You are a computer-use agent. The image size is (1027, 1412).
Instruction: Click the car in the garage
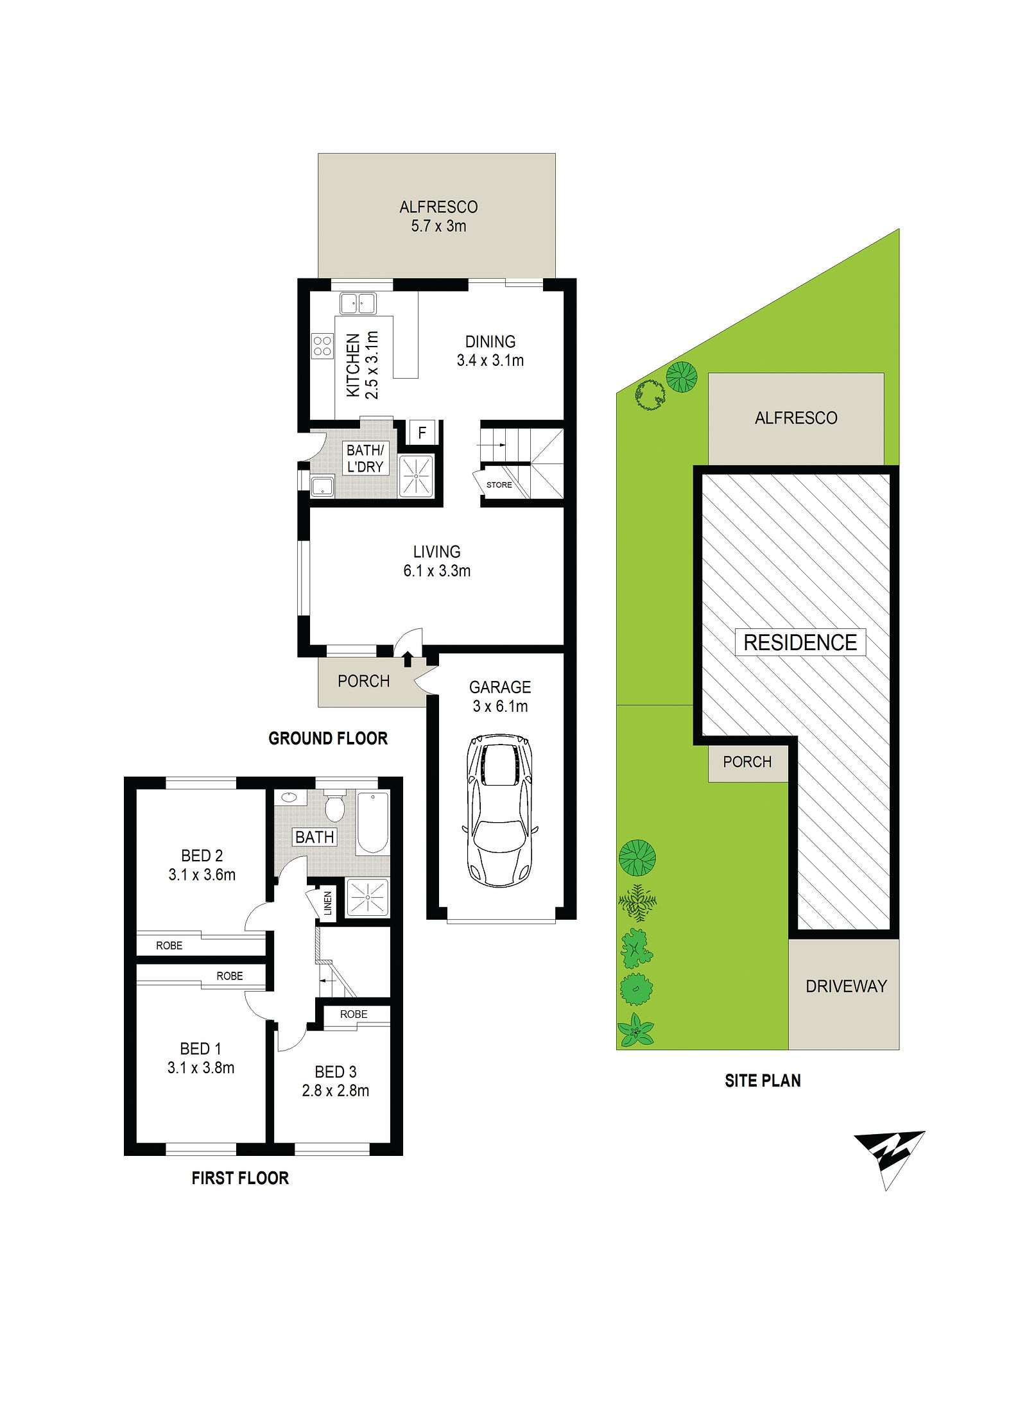click(x=500, y=811)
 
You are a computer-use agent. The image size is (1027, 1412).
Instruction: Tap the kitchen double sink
click(x=358, y=303)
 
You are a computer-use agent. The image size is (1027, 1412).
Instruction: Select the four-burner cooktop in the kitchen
click(x=322, y=347)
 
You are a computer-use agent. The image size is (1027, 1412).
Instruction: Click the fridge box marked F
click(x=422, y=433)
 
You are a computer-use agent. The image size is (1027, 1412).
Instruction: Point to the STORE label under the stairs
click(x=499, y=485)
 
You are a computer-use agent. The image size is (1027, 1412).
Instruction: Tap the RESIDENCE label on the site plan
click(x=800, y=642)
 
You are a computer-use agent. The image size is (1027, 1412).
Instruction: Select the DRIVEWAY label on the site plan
click(x=846, y=986)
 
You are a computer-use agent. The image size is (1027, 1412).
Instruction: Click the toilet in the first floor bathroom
click(x=334, y=807)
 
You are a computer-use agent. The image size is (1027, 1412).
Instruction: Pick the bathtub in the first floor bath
click(x=372, y=823)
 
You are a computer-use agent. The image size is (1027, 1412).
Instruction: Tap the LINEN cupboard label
click(x=328, y=903)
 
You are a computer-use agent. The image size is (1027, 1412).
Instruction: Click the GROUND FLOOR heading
click(x=328, y=739)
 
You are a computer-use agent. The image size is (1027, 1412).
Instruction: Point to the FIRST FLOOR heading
click(x=240, y=1178)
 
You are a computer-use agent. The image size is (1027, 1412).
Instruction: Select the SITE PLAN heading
click(x=763, y=1081)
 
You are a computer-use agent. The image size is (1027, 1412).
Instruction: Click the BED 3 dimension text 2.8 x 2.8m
click(x=336, y=1090)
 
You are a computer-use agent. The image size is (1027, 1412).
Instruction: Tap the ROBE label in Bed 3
click(x=354, y=1014)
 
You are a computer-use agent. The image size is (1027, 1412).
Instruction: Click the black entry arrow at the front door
click(x=407, y=658)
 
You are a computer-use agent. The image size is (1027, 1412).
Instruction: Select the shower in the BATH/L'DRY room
click(x=416, y=476)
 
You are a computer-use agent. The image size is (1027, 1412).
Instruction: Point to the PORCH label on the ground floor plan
click(x=363, y=681)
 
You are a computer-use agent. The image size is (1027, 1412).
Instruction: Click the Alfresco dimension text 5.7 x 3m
click(x=438, y=226)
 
